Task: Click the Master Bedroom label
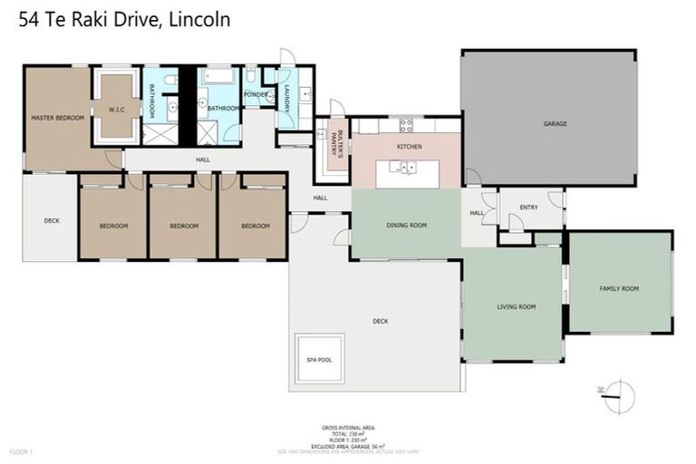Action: coord(57,118)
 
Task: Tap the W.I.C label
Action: coord(115,111)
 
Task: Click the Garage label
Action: coord(555,123)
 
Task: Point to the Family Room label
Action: coord(619,288)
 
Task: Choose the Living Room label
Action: coord(516,306)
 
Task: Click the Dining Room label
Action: coord(406,225)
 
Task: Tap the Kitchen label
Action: coord(409,146)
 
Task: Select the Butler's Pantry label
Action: coord(334,143)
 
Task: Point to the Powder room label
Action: coord(255,93)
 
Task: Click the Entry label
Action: coord(528,207)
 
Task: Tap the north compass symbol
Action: coord(617,396)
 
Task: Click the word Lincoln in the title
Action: coord(200,18)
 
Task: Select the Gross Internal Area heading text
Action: coord(348,427)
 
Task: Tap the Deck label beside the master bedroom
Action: coord(51,220)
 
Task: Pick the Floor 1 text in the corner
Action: coord(21,450)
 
